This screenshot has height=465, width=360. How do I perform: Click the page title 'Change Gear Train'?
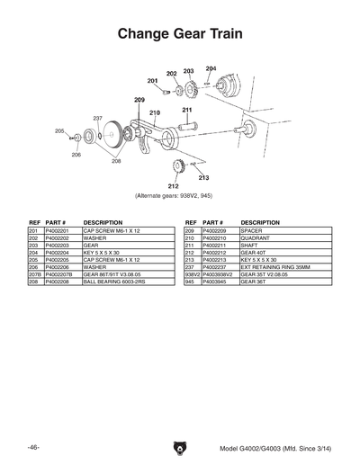[179, 33]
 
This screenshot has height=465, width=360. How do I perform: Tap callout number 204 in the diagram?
[211, 68]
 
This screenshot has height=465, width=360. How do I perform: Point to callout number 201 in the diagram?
[154, 80]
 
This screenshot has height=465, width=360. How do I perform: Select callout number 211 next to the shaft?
[187, 111]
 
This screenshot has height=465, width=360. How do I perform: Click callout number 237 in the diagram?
[97, 119]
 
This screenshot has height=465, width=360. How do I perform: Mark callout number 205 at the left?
[59, 131]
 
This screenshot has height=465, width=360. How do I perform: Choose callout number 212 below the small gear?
[173, 186]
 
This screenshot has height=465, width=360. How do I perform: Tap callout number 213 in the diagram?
[203, 178]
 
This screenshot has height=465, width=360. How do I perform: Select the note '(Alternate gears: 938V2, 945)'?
[179, 195]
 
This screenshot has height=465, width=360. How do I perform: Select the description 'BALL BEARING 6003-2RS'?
[116, 281]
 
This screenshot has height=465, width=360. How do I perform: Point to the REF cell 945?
[191, 281]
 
